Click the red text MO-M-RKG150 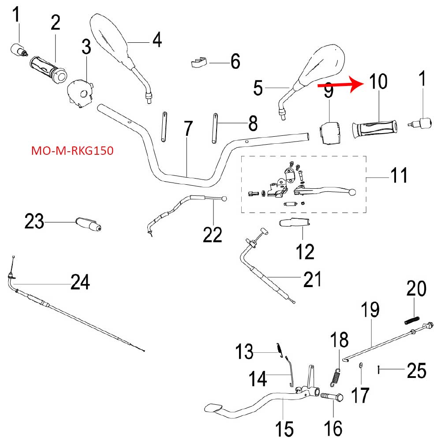72,151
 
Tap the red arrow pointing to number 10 340,84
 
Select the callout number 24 80,282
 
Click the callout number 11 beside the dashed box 399,175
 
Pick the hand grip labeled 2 49,69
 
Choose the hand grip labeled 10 374,129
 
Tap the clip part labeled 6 199,63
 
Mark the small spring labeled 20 412,320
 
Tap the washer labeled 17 361,365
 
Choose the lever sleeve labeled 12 294,223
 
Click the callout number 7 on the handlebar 188,129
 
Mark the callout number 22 213,235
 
